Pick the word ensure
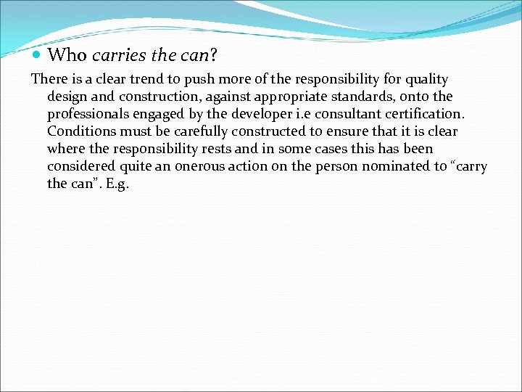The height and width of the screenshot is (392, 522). (x=334, y=131)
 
